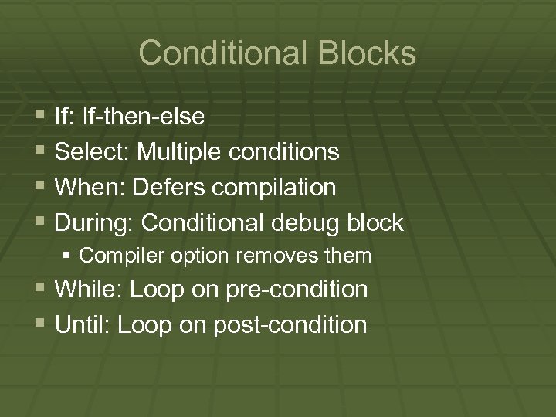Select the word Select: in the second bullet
pos(93,152)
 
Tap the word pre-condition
pos(297,290)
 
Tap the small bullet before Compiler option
pos(69,255)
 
